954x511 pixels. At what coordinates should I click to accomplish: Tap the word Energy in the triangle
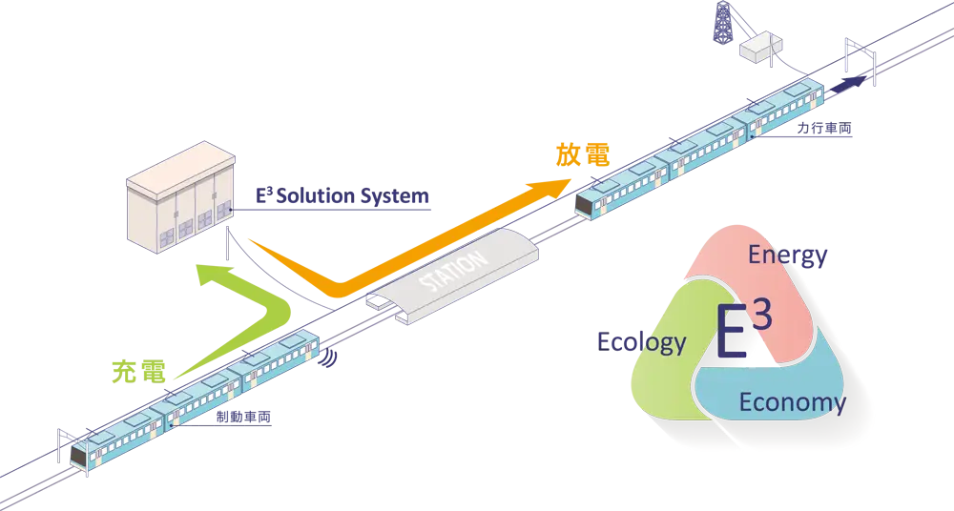click(787, 255)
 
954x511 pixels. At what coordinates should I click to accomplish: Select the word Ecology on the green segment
click(641, 342)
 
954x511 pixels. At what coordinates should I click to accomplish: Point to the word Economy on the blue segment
click(792, 401)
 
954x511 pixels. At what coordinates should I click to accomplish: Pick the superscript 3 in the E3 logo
click(761, 316)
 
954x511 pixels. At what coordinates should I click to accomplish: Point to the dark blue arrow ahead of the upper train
click(847, 83)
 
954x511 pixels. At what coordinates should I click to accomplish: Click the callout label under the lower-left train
click(244, 417)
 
